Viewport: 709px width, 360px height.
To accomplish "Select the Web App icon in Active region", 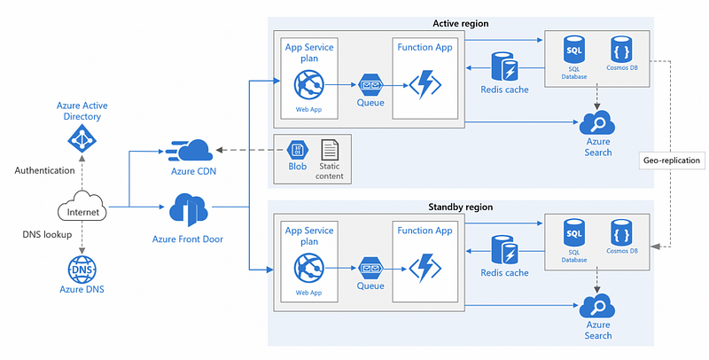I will click(x=311, y=87).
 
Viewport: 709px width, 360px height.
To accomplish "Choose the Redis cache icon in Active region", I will click(x=504, y=67).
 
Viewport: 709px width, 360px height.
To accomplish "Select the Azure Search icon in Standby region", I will click(x=598, y=308).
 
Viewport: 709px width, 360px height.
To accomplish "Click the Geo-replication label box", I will click(x=672, y=160).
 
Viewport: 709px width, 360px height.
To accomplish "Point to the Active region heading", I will click(x=461, y=22).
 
